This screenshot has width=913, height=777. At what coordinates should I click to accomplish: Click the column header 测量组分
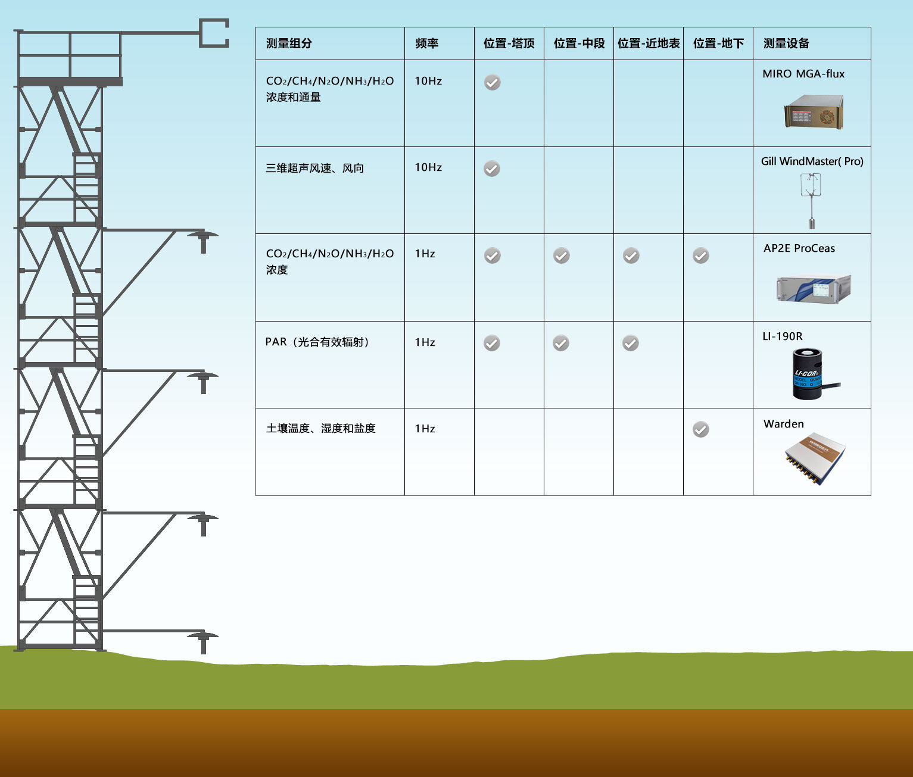click(289, 43)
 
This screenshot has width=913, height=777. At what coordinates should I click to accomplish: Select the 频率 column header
click(426, 43)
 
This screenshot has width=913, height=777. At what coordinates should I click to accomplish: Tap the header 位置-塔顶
click(509, 43)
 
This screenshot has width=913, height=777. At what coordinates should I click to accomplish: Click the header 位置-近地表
click(648, 43)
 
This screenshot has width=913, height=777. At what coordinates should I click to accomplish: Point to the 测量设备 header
click(786, 43)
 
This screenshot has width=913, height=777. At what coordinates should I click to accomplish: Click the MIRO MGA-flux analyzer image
click(814, 112)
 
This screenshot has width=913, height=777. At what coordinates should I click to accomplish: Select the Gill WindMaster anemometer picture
click(811, 200)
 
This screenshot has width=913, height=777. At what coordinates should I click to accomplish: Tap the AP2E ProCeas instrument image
click(814, 288)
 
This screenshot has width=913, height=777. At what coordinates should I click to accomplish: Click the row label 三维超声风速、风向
click(314, 168)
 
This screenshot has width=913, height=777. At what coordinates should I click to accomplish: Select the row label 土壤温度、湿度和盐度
click(320, 429)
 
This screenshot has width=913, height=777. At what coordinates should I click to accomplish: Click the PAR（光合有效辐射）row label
click(317, 342)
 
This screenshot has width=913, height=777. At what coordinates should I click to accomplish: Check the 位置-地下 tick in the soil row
click(701, 429)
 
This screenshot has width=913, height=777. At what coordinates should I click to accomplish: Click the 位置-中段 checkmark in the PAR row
click(561, 343)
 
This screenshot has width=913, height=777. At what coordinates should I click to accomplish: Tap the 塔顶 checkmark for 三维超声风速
click(491, 169)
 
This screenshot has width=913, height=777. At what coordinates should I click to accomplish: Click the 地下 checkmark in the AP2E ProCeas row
click(701, 256)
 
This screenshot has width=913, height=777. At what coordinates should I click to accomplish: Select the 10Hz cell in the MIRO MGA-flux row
click(428, 81)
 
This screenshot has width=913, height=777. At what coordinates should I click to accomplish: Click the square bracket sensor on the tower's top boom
click(214, 33)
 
